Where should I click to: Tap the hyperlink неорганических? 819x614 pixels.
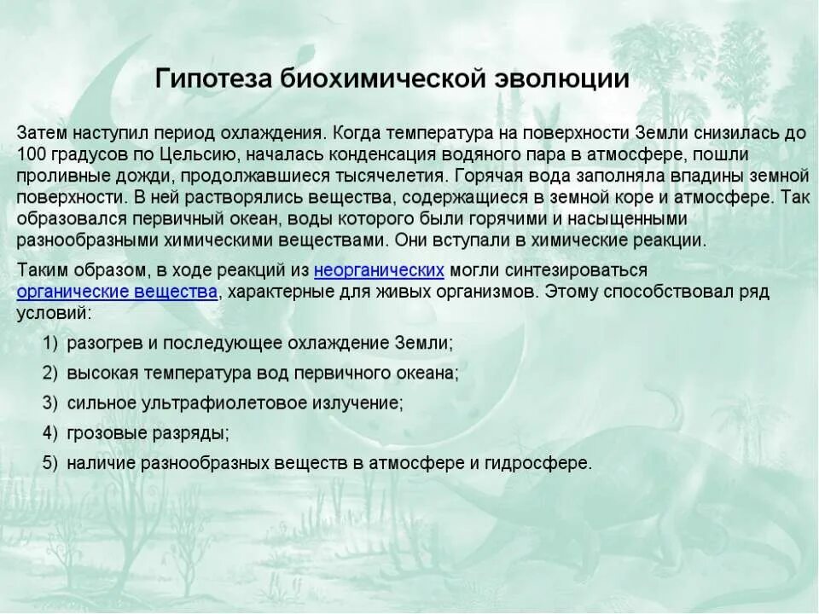pyautogui.click(x=379, y=270)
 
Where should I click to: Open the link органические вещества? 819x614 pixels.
pyautogui.click(x=117, y=292)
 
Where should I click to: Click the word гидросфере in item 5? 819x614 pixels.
pyautogui.click(x=545, y=463)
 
